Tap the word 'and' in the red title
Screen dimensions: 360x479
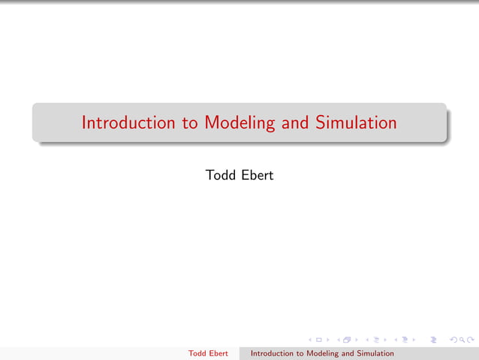(294, 123)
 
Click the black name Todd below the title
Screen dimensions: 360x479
(220, 175)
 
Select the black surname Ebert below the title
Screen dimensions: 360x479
(257, 175)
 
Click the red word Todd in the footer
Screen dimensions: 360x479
(197, 353)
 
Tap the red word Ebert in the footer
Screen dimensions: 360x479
(218, 353)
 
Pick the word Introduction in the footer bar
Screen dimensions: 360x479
(273, 353)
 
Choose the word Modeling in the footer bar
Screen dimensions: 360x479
(324, 353)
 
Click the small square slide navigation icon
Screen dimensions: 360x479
(318, 340)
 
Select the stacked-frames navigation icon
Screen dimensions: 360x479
(347, 340)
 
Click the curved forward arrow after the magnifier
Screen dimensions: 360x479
(470, 340)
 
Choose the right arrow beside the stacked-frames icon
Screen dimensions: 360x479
(356, 340)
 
